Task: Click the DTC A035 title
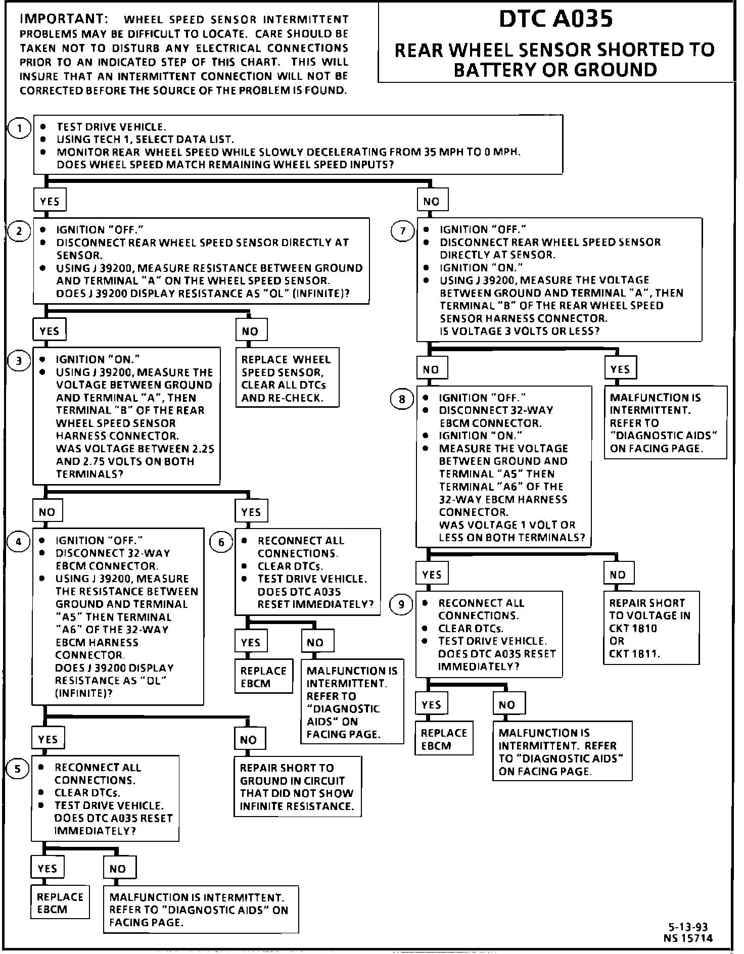tap(555, 19)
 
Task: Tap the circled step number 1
tap(20, 128)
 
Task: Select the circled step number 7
tap(403, 231)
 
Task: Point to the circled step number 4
tap(19, 542)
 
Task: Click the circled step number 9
tap(401, 605)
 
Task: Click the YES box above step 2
tap(50, 202)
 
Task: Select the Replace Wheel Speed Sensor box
tap(286, 378)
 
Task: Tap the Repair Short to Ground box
tap(297, 786)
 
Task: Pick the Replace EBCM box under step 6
tap(263, 677)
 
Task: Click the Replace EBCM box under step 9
tap(444, 739)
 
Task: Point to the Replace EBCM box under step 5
tap(60, 903)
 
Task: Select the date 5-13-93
tap(688, 927)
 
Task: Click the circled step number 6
tap(221, 543)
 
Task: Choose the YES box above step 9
tap(432, 575)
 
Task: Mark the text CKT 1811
tap(634, 653)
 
